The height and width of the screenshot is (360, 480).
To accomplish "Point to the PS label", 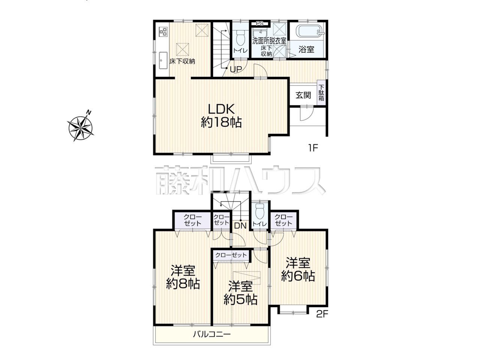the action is click(259, 24).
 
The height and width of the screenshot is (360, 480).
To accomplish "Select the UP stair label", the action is click(236, 69).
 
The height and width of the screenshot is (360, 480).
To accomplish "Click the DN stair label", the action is click(240, 226).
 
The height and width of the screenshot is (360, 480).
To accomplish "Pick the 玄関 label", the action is click(303, 95).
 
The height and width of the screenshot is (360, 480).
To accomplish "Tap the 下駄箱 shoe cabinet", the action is click(321, 93).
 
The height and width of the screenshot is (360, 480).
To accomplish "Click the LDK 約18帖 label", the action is click(221, 115).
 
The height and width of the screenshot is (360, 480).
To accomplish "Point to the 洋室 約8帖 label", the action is click(183, 277).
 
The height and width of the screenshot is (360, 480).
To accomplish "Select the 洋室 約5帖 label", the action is click(240, 293).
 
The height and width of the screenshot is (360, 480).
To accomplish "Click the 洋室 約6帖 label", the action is click(298, 270).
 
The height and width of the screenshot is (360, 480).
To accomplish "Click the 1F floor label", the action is click(313, 148).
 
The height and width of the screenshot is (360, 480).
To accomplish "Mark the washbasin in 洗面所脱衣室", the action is click(260, 33).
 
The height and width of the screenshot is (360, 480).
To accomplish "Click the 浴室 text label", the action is click(306, 49).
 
